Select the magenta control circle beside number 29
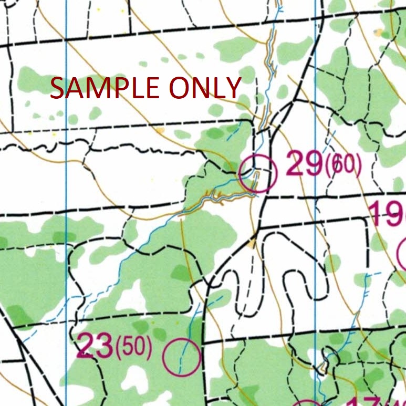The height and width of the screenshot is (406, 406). coord(257,173)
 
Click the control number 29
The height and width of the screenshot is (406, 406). coord(303,165)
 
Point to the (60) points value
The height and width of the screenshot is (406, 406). coord(343,166)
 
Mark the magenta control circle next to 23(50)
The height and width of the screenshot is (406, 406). coord(182,357)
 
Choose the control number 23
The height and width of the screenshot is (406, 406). coord(96,346)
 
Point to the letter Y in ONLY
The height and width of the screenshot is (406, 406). coord(232,88)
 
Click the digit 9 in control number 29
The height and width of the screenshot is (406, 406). coord(313,165)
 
